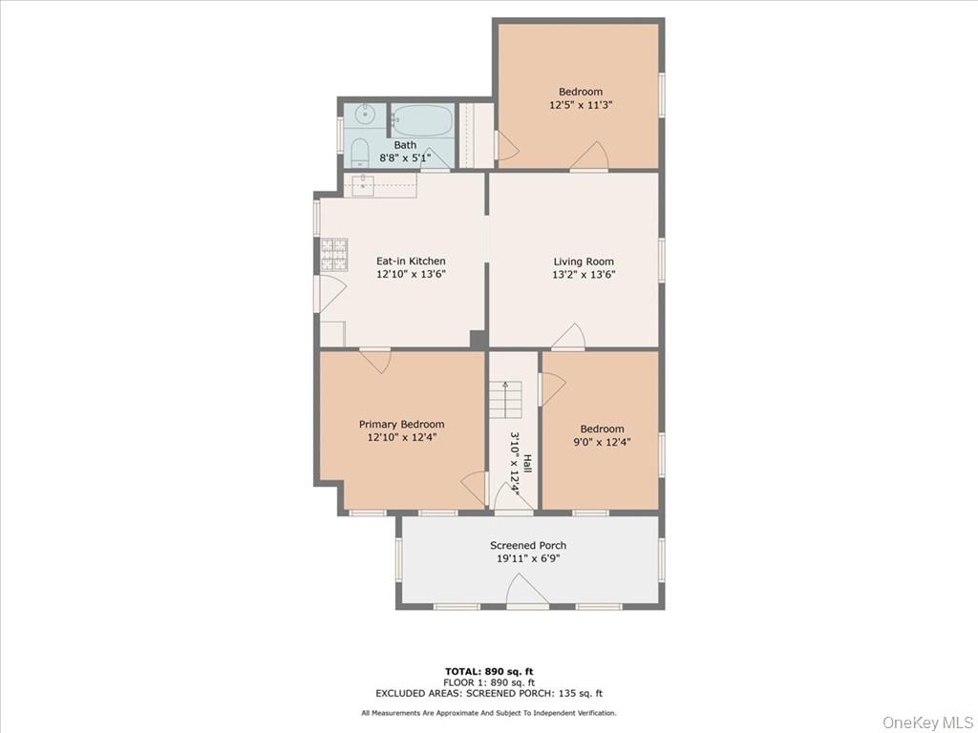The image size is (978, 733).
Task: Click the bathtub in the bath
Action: [420, 121]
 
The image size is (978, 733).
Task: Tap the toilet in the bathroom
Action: [360, 152]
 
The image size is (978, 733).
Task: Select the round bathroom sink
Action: [365, 115]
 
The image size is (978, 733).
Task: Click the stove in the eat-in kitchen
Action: [333, 253]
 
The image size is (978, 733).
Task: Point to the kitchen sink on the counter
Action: [363, 185]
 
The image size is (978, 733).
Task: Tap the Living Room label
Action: [584, 262]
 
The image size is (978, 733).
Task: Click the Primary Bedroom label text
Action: [401, 425]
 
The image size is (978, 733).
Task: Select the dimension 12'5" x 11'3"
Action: [581, 105]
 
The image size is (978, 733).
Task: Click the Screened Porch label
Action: [528, 546]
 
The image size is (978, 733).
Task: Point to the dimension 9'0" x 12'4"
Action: [602, 442]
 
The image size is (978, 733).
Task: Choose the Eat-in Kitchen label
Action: [411, 262]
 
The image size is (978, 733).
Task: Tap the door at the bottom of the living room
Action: [568, 337]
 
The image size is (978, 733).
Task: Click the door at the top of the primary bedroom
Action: [375, 360]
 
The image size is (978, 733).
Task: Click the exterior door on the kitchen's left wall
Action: [329, 292]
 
